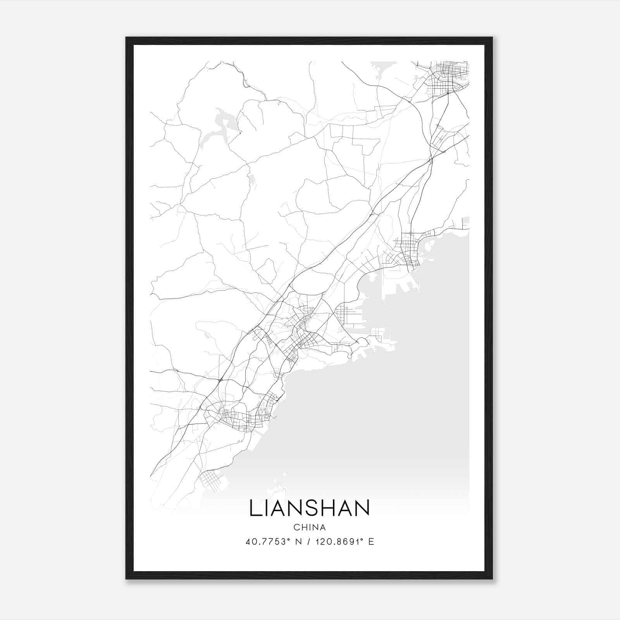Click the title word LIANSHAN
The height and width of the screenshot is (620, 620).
pyautogui.click(x=309, y=508)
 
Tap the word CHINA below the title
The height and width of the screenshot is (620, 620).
pyautogui.click(x=310, y=527)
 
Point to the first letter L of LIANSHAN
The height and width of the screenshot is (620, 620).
pyautogui.click(x=254, y=508)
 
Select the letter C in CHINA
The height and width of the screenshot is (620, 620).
pyautogui.click(x=296, y=527)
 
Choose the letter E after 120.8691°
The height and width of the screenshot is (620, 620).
pyautogui.click(x=371, y=542)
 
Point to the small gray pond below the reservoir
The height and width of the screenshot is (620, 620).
pyautogui.click(x=252, y=179)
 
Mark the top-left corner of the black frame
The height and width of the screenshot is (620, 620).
pyautogui.click(x=126, y=38)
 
